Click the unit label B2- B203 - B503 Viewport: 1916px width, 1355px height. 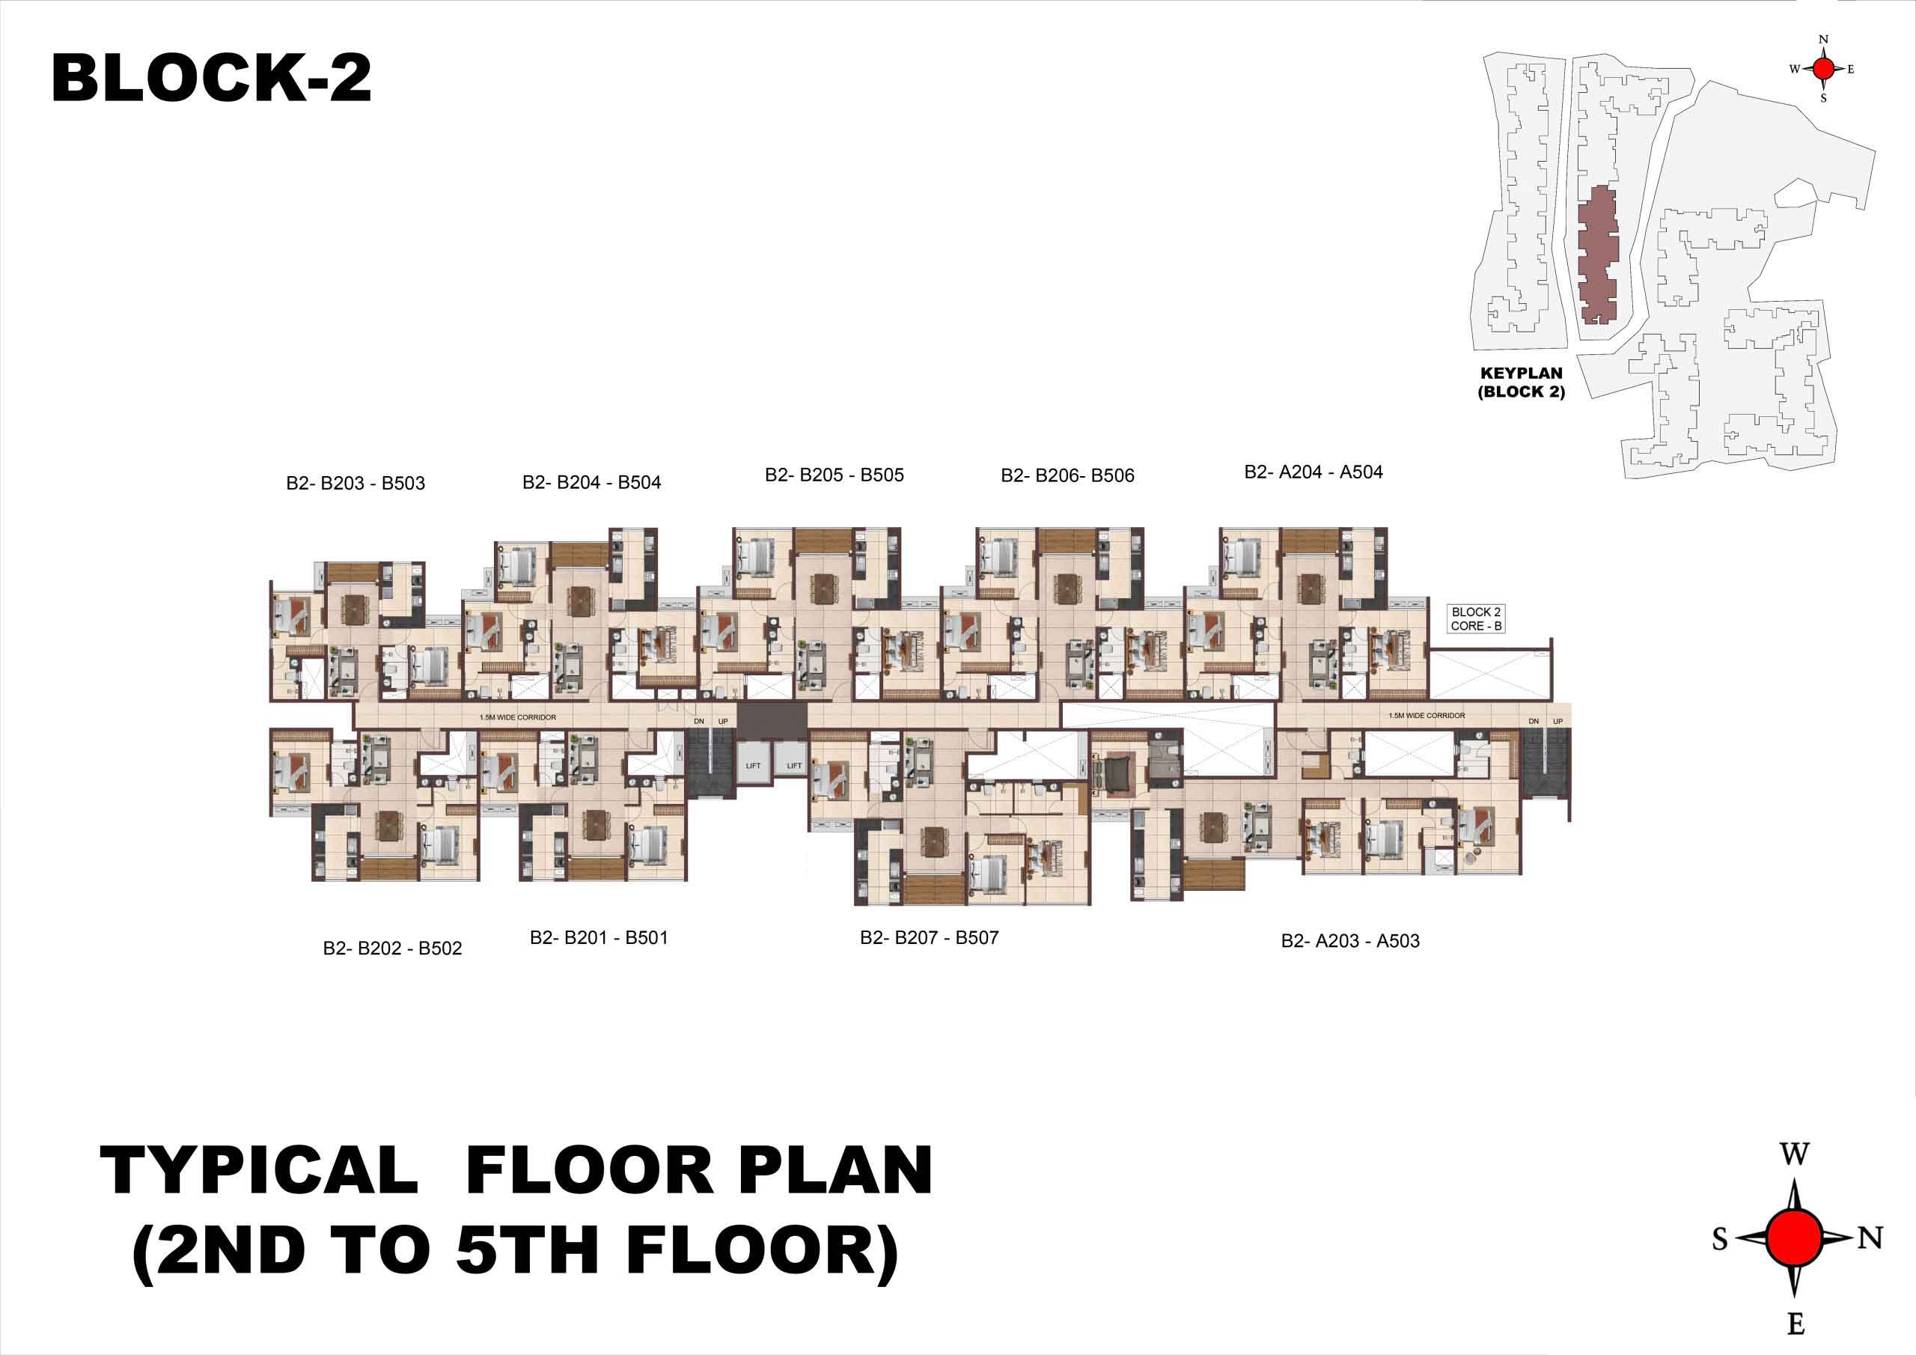coord(356,484)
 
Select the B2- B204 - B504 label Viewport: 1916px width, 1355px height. coord(592,483)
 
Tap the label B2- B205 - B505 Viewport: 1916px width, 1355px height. coord(835,475)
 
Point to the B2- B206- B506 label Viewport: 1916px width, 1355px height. coord(1067,476)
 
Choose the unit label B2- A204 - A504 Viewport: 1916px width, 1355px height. coord(1314,472)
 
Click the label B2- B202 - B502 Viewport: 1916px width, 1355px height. coord(392,948)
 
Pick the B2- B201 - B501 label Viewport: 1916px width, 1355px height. coord(599,937)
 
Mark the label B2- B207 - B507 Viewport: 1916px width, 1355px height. coord(930,937)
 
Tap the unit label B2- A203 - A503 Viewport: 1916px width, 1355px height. coord(1350,941)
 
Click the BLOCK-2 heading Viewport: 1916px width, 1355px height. coord(211,79)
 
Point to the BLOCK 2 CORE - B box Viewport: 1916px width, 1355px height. coord(1476,618)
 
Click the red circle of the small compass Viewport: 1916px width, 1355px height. coord(1824,68)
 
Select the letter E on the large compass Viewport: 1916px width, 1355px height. coord(1796,1324)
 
